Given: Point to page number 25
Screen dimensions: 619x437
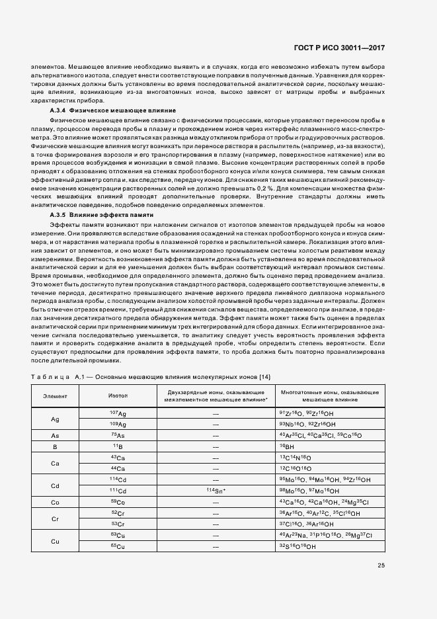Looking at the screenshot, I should point(381,564).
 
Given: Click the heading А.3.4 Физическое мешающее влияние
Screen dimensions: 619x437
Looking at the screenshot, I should point(112,110).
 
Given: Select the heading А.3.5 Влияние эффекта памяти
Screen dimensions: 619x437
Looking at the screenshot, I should point(102,215).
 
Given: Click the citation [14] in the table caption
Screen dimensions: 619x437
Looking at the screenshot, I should point(266,376).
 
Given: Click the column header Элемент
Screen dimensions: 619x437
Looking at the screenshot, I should point(55,395).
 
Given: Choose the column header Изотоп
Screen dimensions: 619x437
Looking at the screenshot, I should point(118,395).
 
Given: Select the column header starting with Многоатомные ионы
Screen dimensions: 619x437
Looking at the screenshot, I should point(329,395).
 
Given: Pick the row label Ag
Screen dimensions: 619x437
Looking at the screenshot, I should point(55,419).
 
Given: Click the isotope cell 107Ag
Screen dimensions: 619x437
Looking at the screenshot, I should point(118,413).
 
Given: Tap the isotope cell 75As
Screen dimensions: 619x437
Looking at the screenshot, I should point(118,435).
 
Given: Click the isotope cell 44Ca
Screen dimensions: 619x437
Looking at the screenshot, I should point(118,469).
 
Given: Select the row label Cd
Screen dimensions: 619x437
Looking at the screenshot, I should point(55,486).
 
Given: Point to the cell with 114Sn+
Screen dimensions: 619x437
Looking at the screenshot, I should point(216,491).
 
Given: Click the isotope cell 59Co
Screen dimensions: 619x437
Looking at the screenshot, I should point(118,503).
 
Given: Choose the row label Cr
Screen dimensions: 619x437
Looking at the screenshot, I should point(55,519).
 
